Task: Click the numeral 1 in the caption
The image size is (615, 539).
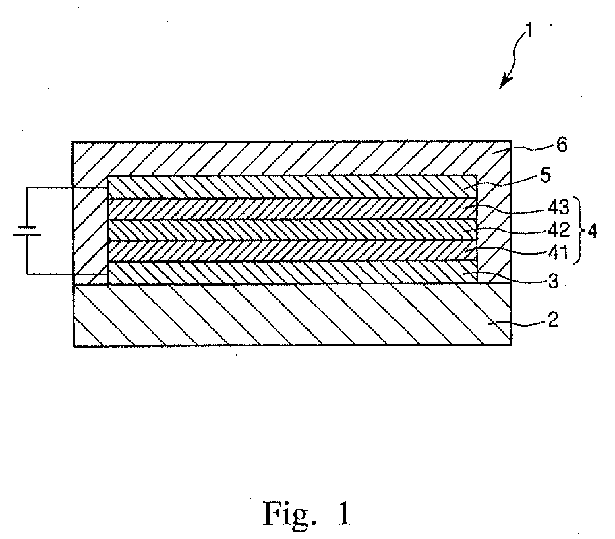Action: point(343,514)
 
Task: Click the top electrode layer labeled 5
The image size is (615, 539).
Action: point(290,187)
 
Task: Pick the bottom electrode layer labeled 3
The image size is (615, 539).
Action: point(290,272)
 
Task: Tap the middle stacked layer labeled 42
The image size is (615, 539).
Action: point(290,230)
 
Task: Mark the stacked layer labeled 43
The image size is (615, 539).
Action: point(290,209)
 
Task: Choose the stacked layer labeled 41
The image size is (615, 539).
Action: point(290,251)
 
